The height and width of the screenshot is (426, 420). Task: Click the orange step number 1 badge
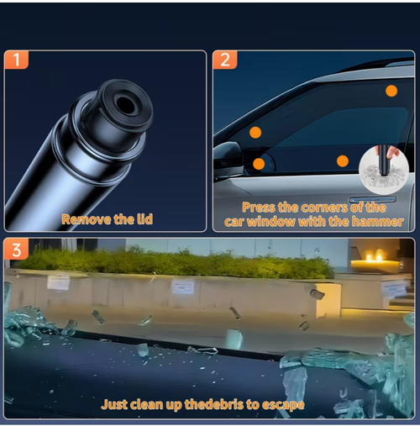(16, 60)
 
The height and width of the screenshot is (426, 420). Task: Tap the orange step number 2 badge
(225, 60)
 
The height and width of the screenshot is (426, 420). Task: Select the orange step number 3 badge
(16, 250)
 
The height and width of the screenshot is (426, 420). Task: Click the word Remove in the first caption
(87, 219)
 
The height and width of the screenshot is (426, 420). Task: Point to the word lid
(144, 219)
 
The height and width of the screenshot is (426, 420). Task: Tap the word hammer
(377, 222)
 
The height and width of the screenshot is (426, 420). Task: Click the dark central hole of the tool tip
(125, 104)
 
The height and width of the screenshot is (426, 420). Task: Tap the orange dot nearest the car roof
(391, 91)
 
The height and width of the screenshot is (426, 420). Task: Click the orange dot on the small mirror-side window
(259, 164)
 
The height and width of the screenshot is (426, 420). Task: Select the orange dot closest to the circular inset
(343, 161)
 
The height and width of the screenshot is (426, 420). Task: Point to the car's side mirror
(228, 159)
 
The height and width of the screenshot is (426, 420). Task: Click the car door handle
(372, 199)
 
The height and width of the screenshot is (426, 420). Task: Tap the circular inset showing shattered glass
(384, 170)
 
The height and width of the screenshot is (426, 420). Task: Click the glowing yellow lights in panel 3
(374, 257)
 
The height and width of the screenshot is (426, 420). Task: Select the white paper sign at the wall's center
(183, 287)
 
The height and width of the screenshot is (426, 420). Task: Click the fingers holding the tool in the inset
(392, 152)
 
